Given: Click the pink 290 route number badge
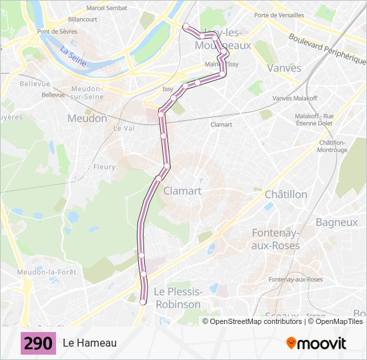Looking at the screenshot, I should coord(38,343).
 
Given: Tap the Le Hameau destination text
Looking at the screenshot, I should coord(89,343).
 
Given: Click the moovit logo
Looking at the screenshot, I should coord(316,343).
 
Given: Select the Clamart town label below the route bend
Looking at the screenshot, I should coord(182,191).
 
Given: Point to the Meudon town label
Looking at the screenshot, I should coord(87,118).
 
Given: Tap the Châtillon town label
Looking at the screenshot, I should coord(286,194).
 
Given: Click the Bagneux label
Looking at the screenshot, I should coord(336,222).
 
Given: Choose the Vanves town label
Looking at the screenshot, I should coord(284,68).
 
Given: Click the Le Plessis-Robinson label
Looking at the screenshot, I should coord(177,298).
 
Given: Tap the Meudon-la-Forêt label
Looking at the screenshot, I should coord(47,272).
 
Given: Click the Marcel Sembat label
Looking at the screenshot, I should coord(107,8).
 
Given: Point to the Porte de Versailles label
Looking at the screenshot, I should coord(279,15).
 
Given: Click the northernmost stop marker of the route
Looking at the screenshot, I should coord(186,27).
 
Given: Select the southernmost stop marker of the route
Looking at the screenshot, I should coord(143,302).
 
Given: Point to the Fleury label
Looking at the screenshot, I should coord(104,167).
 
